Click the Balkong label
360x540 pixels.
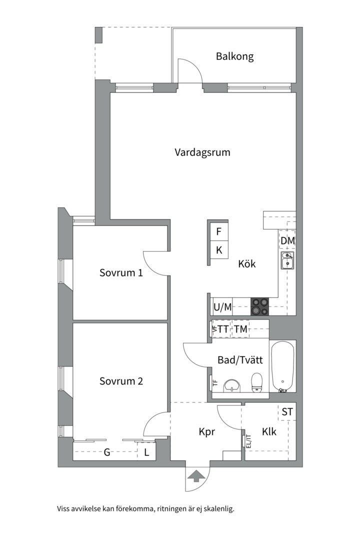pos(234,56)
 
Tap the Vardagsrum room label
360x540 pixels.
pos(202,152)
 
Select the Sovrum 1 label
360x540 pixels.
pos(121,273)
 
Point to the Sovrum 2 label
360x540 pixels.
pos(121,381)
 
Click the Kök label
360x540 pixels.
pos(247,263)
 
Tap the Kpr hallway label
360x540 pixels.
pos(206,431)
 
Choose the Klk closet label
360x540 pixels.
pos(269,431)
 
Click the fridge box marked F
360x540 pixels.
pos(218,232)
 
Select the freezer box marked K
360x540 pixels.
pos(218,250)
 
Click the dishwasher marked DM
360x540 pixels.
pos(287,241)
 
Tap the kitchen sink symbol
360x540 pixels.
pos(287,260)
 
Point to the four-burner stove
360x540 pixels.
pos(259,306)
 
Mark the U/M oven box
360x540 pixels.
pos(222,307)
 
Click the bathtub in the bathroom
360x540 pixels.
pos(282,366)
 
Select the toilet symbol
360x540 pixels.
pos(257,383)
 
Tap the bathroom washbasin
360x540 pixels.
pos(231,385)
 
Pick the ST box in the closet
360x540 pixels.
pos(287,412)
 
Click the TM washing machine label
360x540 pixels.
pos(241,329)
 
